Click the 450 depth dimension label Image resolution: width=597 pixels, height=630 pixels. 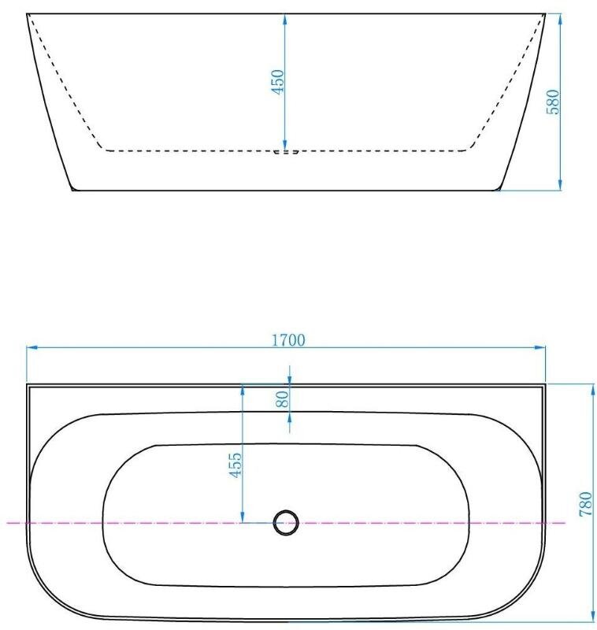(278, 82)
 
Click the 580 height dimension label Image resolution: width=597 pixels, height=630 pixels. (553, 102)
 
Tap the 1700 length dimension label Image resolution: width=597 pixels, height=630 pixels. (288, 340)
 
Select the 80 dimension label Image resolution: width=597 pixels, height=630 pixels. (283, 399)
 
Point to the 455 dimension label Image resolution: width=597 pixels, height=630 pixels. (235, 465)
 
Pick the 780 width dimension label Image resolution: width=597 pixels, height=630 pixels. (586, 504)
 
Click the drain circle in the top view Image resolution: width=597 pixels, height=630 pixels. (286, 523)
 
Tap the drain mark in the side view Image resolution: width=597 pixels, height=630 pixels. (286, 152)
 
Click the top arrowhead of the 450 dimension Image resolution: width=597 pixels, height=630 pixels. (285, 19)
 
